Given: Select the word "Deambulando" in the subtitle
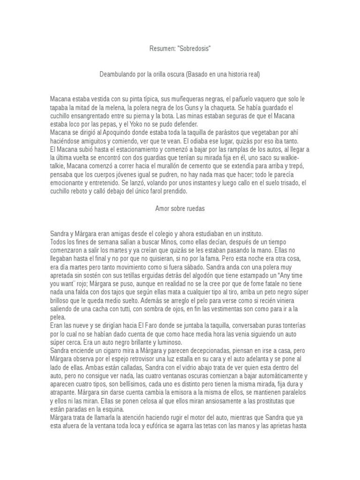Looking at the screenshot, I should click(118, 74).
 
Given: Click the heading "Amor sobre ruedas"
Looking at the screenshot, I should click(180, 209).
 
